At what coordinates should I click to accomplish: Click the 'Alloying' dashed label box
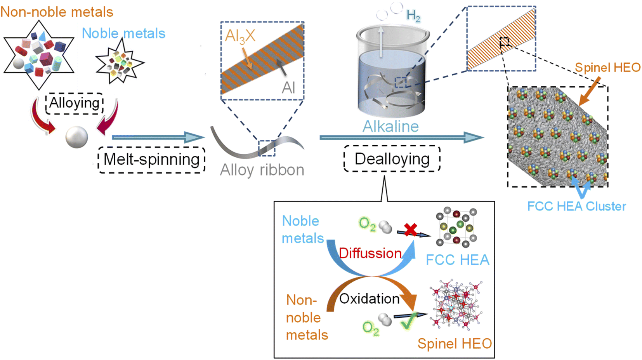click(x=75, y=103)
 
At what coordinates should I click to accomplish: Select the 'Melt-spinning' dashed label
click(x=151, y=160)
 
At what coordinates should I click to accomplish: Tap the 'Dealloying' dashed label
click(x=392, y=159)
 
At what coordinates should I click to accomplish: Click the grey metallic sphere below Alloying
click(x=76, y=137)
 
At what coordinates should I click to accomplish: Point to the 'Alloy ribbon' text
click(x=262, y=170)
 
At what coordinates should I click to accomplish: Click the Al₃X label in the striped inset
click(x=240, y=36)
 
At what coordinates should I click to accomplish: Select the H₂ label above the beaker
click(x=413, y=16)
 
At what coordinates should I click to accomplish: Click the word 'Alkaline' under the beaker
click(x=390, y=127)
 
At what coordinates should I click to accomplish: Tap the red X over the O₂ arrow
click(x=410, y=230)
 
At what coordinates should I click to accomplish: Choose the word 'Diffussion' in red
click(x=370, y=254)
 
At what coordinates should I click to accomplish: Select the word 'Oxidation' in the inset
click(x=369, y=299)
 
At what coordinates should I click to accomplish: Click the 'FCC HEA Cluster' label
click(x=576, y=206)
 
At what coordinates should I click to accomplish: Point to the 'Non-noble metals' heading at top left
click(x=57, y=12)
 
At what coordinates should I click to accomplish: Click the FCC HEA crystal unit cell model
click(x=456, y=228)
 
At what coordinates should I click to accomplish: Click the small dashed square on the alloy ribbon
click(x=267, y=148)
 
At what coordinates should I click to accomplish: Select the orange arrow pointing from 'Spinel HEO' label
click(x=590, y=90)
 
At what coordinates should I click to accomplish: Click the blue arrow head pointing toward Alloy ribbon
click(x=194, y=137)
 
